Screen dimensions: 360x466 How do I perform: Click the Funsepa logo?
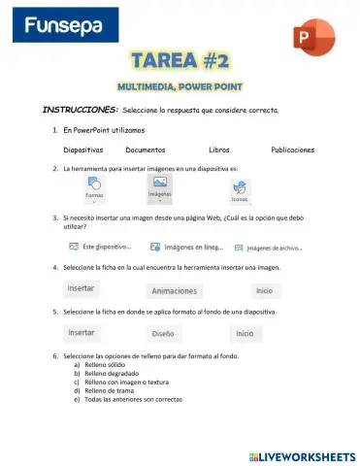pyautogui.click(x=60, y=28)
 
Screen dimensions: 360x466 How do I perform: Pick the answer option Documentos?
pyautogui.click(x=146, y=150)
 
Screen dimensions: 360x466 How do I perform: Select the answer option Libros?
pyautogui.click(x=219, y=150)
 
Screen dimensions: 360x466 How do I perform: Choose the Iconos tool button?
pyautogui.click(x=239, y=191)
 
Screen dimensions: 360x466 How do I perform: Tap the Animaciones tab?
pyautogui.click(x=173, y=290)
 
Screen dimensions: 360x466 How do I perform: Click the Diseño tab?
pyautogui.click(x=162, y=333)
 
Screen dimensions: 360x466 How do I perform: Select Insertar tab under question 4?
pyautogui.click(x=82, y=289)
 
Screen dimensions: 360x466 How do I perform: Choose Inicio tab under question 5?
pyautogui.click(x=244, y=333)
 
